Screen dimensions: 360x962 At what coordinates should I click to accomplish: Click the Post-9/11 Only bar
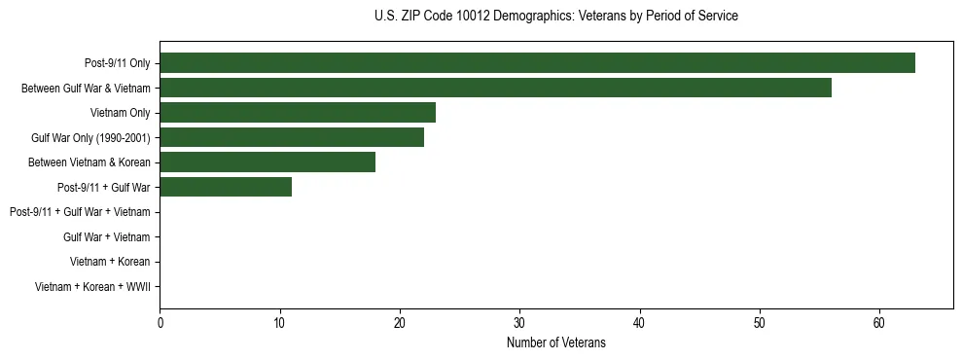tap(537, 63)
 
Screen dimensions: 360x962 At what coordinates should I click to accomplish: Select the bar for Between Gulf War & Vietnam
tap(495, 88)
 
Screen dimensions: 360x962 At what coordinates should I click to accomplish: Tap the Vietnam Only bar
tap(298, 113)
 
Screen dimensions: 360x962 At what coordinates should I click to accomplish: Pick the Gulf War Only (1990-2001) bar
tap(292, 137)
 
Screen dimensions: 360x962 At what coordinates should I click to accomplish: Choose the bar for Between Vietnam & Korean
tap(267, 162)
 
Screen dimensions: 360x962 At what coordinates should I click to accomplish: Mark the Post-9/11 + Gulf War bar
tap(226, 187)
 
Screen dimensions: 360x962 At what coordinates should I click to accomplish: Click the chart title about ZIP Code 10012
tap(555, 17)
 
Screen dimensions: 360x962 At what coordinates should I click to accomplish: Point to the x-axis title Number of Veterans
tap(555, 342)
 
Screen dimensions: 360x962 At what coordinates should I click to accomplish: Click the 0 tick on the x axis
tap(160, 323)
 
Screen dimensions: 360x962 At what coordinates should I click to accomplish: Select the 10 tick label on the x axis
tap(279, 323)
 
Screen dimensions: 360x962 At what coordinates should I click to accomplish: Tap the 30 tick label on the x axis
tap(519, 323)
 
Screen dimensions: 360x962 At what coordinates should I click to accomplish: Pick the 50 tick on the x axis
tap(760, 323)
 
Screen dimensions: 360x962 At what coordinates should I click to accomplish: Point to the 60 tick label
tap(879, 323)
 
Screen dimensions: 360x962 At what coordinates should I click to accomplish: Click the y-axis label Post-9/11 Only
tap(118, 64)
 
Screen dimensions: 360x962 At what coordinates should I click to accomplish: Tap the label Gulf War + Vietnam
tap(106, 236)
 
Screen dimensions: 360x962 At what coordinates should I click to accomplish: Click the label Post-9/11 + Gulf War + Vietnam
tap(80, 212)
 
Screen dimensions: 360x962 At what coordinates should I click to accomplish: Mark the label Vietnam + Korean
tap(110, 262)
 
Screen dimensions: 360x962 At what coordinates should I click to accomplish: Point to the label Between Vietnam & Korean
tap(89, 162)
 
